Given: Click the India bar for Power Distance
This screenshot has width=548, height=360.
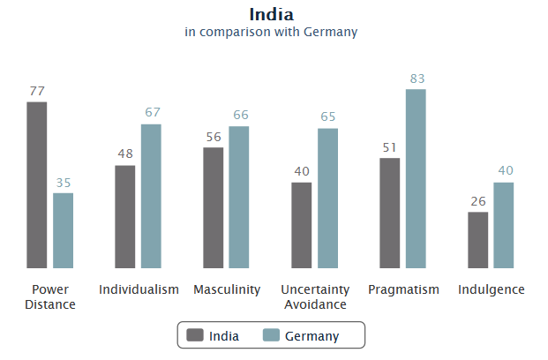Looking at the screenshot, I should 36,185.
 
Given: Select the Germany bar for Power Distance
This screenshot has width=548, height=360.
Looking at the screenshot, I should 63,230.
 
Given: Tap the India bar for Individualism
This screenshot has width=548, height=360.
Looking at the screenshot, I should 124,216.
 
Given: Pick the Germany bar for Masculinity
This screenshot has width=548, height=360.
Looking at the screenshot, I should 239,197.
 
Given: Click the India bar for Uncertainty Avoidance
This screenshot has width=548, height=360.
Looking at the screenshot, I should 302,225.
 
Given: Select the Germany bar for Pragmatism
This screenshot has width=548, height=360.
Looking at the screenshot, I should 416,178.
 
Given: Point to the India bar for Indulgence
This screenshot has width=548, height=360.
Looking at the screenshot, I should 477,240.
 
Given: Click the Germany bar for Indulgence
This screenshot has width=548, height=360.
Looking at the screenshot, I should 504,225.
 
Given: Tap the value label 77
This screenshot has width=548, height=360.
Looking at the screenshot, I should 37,91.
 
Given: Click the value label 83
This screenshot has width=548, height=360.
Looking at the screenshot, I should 417,79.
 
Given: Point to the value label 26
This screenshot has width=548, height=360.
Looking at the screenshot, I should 477,201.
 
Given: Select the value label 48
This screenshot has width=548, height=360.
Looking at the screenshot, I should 125,154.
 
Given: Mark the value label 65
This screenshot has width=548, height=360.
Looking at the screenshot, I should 328,117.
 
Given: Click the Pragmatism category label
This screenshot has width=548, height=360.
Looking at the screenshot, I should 403,289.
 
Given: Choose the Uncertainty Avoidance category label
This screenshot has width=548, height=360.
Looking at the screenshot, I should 315,296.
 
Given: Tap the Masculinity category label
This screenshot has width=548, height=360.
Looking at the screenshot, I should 227,289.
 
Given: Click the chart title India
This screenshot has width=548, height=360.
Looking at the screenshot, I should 271,14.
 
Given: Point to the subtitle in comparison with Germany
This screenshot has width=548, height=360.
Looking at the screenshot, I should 271,33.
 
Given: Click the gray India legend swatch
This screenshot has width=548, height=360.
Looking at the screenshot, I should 194,335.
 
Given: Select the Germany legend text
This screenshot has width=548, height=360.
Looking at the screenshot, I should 312,336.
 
